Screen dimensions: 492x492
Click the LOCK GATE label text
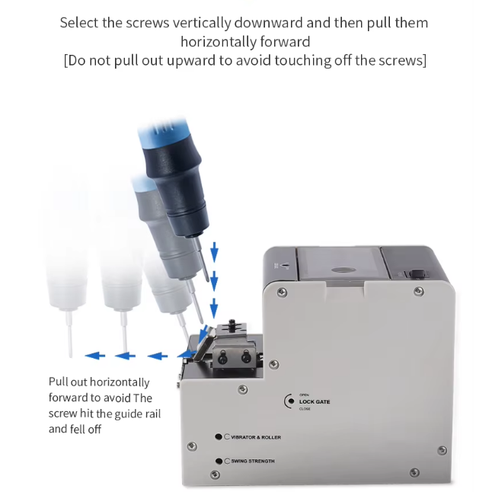tap(315, 401)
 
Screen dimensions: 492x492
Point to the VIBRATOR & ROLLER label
tap(256, 437)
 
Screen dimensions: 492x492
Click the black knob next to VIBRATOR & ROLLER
tap(219, 436)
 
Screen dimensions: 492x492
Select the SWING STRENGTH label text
tap(253, 461)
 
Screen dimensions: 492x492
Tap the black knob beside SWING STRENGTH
tap(219, 461)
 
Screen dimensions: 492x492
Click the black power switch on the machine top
tap(417, 273)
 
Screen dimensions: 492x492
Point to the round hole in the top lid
tap(343, 270)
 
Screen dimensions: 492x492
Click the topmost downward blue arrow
tap(214, 252)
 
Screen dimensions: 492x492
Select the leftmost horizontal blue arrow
tap(94, 356)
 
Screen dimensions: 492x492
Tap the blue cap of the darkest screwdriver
tap(163, 135)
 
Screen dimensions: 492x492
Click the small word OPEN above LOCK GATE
tap(304, 395)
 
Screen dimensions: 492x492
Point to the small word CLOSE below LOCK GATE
tap(305, 409)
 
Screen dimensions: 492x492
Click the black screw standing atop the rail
tap(232, 324)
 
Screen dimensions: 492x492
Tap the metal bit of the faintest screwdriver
tap(69, 334)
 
